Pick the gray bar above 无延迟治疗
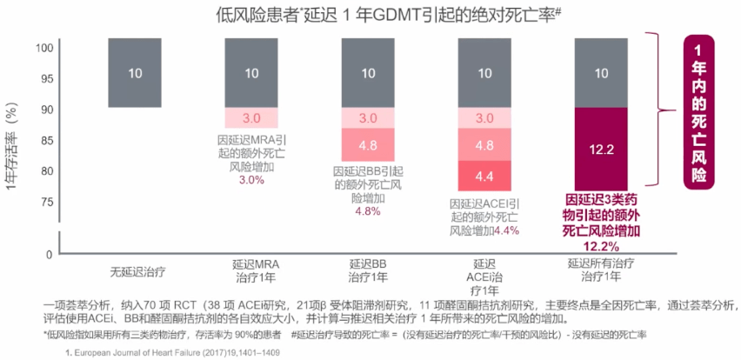(x=135, y=73)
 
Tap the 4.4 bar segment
(x=484, y=176)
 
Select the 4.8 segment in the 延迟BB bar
(x=368, y=144)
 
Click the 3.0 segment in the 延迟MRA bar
(x=251, y=117)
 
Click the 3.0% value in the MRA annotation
(x=251, y=180)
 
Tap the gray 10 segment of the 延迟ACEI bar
(x=484, y=73)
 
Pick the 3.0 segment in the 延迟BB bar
(x=368, y=117)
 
